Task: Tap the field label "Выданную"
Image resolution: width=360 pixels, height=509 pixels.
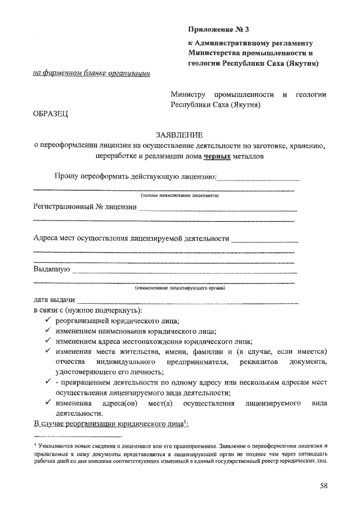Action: click(51, 269)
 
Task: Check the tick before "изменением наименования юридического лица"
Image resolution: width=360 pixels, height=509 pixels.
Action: click(48, 331)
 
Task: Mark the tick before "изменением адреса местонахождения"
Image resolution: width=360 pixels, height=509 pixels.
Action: click(48, 341)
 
